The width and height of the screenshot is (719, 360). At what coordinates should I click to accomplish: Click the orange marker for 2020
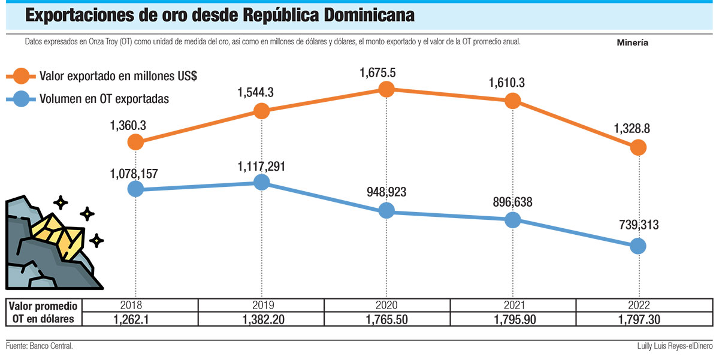[386, 89]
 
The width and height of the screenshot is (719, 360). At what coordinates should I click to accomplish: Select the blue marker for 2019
[261, 182]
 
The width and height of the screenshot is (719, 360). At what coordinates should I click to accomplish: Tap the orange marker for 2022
[639, 147]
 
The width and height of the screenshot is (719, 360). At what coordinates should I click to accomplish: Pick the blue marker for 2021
[512, 220]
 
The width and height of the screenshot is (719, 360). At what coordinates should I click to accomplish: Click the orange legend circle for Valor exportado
[22, 76]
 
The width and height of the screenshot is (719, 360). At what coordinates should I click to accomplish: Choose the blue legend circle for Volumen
[22, 98]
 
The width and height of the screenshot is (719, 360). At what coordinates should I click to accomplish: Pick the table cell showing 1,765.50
[386, 320]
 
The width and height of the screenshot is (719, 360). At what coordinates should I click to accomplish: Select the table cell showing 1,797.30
[639, 320]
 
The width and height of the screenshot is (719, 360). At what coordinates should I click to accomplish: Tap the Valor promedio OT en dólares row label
[44, 312]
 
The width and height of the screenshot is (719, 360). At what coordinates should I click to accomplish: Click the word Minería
[632, 43]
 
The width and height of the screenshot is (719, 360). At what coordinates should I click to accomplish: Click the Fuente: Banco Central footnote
[40, 347]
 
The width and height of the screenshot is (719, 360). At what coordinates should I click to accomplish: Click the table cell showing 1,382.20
[261, 320]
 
